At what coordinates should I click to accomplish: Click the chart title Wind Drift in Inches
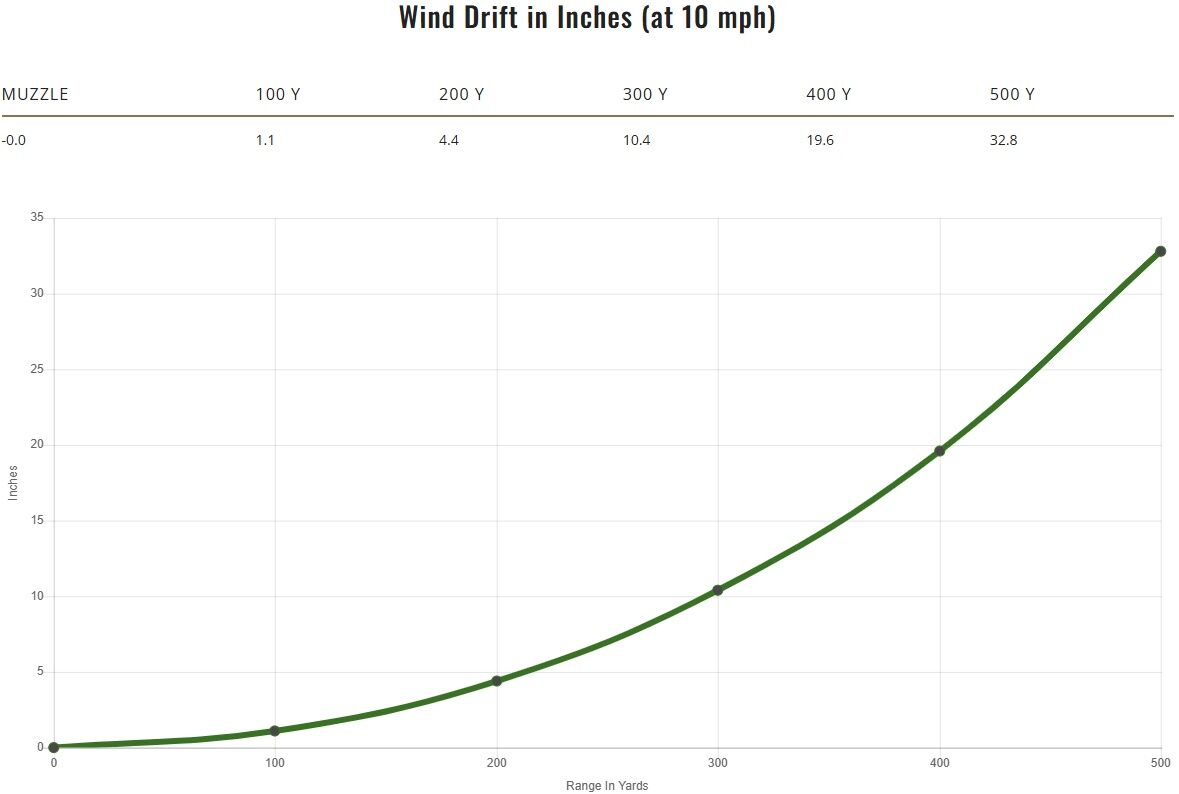(x=588, y=18)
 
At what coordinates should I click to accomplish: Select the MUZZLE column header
(x=35, y=95)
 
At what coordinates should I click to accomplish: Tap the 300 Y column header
(x=645, y=95)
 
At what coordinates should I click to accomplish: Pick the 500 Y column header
(x=1012, y=95)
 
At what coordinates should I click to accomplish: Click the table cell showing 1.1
(x=265, y=140)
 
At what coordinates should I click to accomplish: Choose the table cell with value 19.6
(x=820, y=140)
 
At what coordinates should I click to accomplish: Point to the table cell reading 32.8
(x=1003, y=140)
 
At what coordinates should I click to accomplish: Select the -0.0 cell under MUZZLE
(x=14, y=140)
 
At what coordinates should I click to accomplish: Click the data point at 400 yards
(x=939, y=451)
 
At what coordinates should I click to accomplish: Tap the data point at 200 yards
(x=496, y=681)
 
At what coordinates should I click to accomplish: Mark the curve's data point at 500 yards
(x=1160, y=251)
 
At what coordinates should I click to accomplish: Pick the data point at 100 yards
(x=275, y=731)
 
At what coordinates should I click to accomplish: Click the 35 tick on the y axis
(x=38, y=218)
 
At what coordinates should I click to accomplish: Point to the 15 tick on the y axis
(x=38, y=521)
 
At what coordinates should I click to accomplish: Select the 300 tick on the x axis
(x=718, y=763)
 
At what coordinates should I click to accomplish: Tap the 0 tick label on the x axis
(x=54, y=763)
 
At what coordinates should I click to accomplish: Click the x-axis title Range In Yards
(x=607, y=786)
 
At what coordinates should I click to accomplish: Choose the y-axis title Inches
(x=13, y=483)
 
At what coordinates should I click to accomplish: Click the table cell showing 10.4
(x=636, y=140)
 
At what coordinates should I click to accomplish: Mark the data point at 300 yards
(x=717, y=590)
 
